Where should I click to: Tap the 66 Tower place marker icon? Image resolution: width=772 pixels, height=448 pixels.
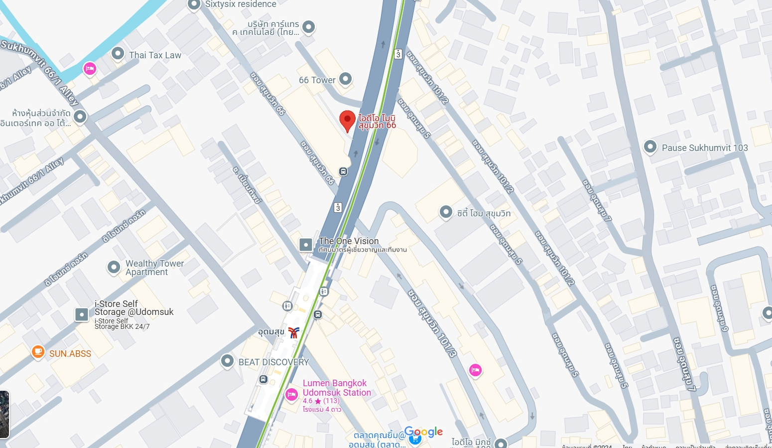pos(345,79)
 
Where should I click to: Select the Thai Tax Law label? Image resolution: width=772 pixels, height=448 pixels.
pos(155,55)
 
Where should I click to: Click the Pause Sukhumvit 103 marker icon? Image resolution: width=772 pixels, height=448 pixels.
pos(650,147)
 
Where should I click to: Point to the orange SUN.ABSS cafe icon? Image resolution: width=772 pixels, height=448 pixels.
pos(38,352)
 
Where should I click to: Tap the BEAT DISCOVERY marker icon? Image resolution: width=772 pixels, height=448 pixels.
pos(227,361)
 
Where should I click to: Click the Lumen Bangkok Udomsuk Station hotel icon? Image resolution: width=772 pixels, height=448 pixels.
pos(291,395)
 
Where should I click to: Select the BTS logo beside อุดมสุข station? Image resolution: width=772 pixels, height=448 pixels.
pos(294,332)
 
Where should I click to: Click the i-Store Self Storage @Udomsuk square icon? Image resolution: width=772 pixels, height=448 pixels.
pos(82,314)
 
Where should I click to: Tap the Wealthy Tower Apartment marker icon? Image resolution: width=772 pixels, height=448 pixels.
pos(114,268)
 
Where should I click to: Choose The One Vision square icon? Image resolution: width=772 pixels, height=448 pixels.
pos(305,245)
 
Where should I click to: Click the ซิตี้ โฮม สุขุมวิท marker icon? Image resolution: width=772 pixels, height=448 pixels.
pos(445,212)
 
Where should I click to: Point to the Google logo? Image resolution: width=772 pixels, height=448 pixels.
pos(423,432)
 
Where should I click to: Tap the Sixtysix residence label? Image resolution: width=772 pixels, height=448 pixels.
pos(241,4)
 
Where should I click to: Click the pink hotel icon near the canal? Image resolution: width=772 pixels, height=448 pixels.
pos(90,68)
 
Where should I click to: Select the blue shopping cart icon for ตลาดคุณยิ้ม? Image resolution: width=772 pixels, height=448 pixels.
pos(414,439)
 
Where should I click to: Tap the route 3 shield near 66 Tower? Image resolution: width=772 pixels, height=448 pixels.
pos(398,54)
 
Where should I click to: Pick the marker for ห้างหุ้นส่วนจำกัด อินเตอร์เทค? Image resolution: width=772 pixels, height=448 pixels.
pos(80,117)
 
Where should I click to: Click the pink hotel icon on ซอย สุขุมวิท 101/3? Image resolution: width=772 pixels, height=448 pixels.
pos(475,370)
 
